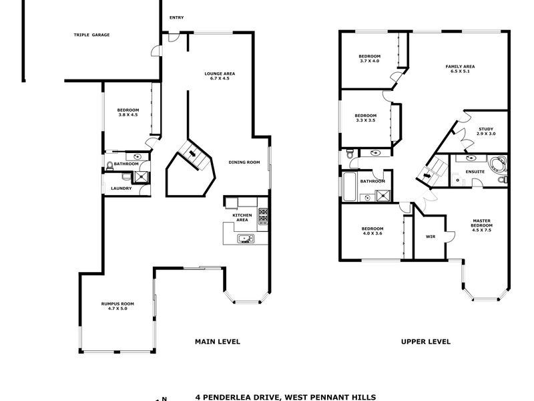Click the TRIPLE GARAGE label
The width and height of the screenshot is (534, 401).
[x=91, y=35]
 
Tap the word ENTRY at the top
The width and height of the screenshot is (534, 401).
[x=176, y=17]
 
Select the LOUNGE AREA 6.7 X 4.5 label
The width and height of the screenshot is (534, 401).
[x=220, y=76]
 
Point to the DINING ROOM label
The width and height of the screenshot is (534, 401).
[x=244, y=162]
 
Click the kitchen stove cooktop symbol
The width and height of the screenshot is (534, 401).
[x=263, y=215]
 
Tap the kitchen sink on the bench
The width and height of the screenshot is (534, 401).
[x=244, y=238]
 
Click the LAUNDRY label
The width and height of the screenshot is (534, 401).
[x=121, y=188]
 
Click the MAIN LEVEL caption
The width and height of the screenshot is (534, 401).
[x=217, y=342]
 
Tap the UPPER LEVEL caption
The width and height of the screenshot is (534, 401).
[x=425, y=342]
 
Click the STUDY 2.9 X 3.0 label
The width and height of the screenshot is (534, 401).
[x=486, y=131]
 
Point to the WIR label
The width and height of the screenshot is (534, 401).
[x=431, y=237]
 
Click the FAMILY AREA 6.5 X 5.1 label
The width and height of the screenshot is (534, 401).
[x=460, y=69]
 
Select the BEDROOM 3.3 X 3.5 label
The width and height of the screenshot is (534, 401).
[x=365, y=118]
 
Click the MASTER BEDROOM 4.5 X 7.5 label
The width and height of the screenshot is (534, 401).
[x=481, y=225]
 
